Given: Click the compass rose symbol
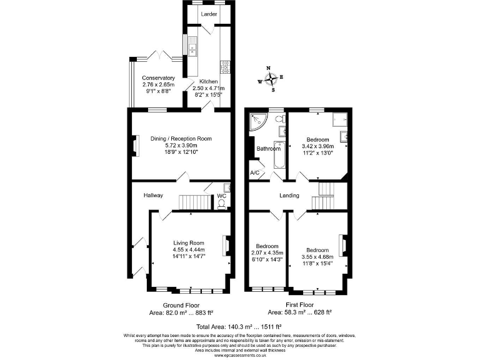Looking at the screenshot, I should [x=271, y=79].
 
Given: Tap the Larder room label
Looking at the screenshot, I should [x=209, y=13].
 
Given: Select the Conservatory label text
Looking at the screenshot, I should [x=153, y=78].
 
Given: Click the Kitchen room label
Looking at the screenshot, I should [x=208, y=82].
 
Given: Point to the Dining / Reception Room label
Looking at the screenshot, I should [x=181, y=139].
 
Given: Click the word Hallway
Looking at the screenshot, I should [x=153, y=196].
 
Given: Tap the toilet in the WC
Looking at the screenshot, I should [x=222, y=202].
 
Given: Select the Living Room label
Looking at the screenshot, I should [x=189, y=242].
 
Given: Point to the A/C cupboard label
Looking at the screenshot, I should [x=254, y=172].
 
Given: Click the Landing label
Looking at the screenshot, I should [x=289, y=196].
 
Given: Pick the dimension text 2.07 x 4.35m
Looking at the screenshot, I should [x=266, y=252].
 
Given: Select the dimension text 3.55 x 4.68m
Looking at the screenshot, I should [x=317, y=256].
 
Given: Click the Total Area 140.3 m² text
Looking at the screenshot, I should [x=239, y=326].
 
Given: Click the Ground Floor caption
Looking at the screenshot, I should [x=181, y=305].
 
